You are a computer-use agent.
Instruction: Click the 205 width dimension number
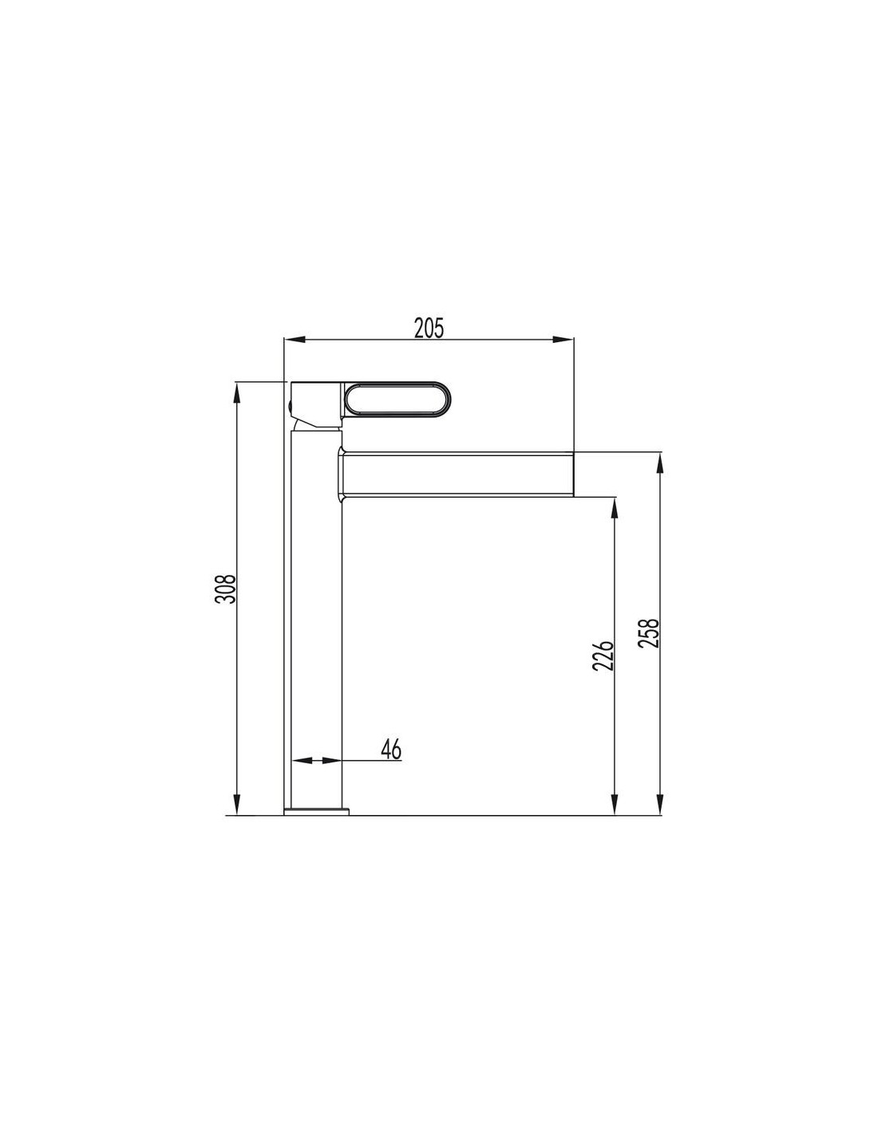pos(429,329)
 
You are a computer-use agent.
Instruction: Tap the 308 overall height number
pos(226,589)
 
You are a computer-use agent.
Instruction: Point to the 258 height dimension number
pos(649,633)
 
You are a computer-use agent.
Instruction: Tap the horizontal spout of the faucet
pos(457,474)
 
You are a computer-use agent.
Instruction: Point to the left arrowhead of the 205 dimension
pos(294,340)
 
